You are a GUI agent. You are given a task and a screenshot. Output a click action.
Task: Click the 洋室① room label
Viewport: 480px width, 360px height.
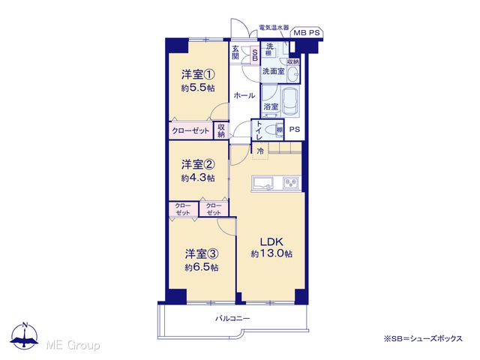[x=198, y=74]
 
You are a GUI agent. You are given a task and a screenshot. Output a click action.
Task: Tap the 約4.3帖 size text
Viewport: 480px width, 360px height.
[x=198, y=178]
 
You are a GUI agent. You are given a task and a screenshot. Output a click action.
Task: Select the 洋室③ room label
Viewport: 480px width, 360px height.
[x=202, y=254]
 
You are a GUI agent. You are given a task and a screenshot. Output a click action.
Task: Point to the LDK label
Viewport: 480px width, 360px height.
[x=271, y=241]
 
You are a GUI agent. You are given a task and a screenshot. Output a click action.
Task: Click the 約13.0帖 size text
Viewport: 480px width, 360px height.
[x=271, y=253]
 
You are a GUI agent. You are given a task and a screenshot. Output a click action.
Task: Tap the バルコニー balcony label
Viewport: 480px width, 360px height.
[x=232, y=319]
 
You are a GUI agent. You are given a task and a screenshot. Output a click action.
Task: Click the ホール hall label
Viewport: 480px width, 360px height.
[x=244, y=95]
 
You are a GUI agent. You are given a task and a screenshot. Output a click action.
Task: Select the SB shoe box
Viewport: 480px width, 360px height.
[x=255, y=55]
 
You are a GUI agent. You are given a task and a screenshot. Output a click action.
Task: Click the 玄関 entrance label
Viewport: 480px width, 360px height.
[x=235, y=52]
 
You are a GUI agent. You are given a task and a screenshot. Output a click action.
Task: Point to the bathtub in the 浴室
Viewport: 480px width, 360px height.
[x=290, y=101]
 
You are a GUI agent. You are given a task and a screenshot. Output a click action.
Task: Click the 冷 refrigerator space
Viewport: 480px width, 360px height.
[x=260, y=151]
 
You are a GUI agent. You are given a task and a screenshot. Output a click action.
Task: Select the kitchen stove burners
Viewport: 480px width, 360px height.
[x=291, y=183]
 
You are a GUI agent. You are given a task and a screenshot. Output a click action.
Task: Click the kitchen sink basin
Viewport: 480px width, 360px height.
[x=263, y=183]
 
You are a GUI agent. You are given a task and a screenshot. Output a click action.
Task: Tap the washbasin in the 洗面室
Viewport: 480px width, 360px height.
[x=294, y=74]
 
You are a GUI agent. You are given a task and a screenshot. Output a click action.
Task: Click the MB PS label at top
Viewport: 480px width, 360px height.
[x=307, y=33]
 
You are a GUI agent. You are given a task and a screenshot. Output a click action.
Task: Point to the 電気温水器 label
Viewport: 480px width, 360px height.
[x=274, y=27]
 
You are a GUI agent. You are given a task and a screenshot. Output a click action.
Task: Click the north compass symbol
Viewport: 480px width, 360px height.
[x=25, y=336]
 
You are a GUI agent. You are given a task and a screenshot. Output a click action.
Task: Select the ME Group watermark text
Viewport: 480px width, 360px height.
[x=73, y=345]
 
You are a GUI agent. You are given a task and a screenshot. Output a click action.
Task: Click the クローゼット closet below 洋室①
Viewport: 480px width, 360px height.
[x=190, y=131]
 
